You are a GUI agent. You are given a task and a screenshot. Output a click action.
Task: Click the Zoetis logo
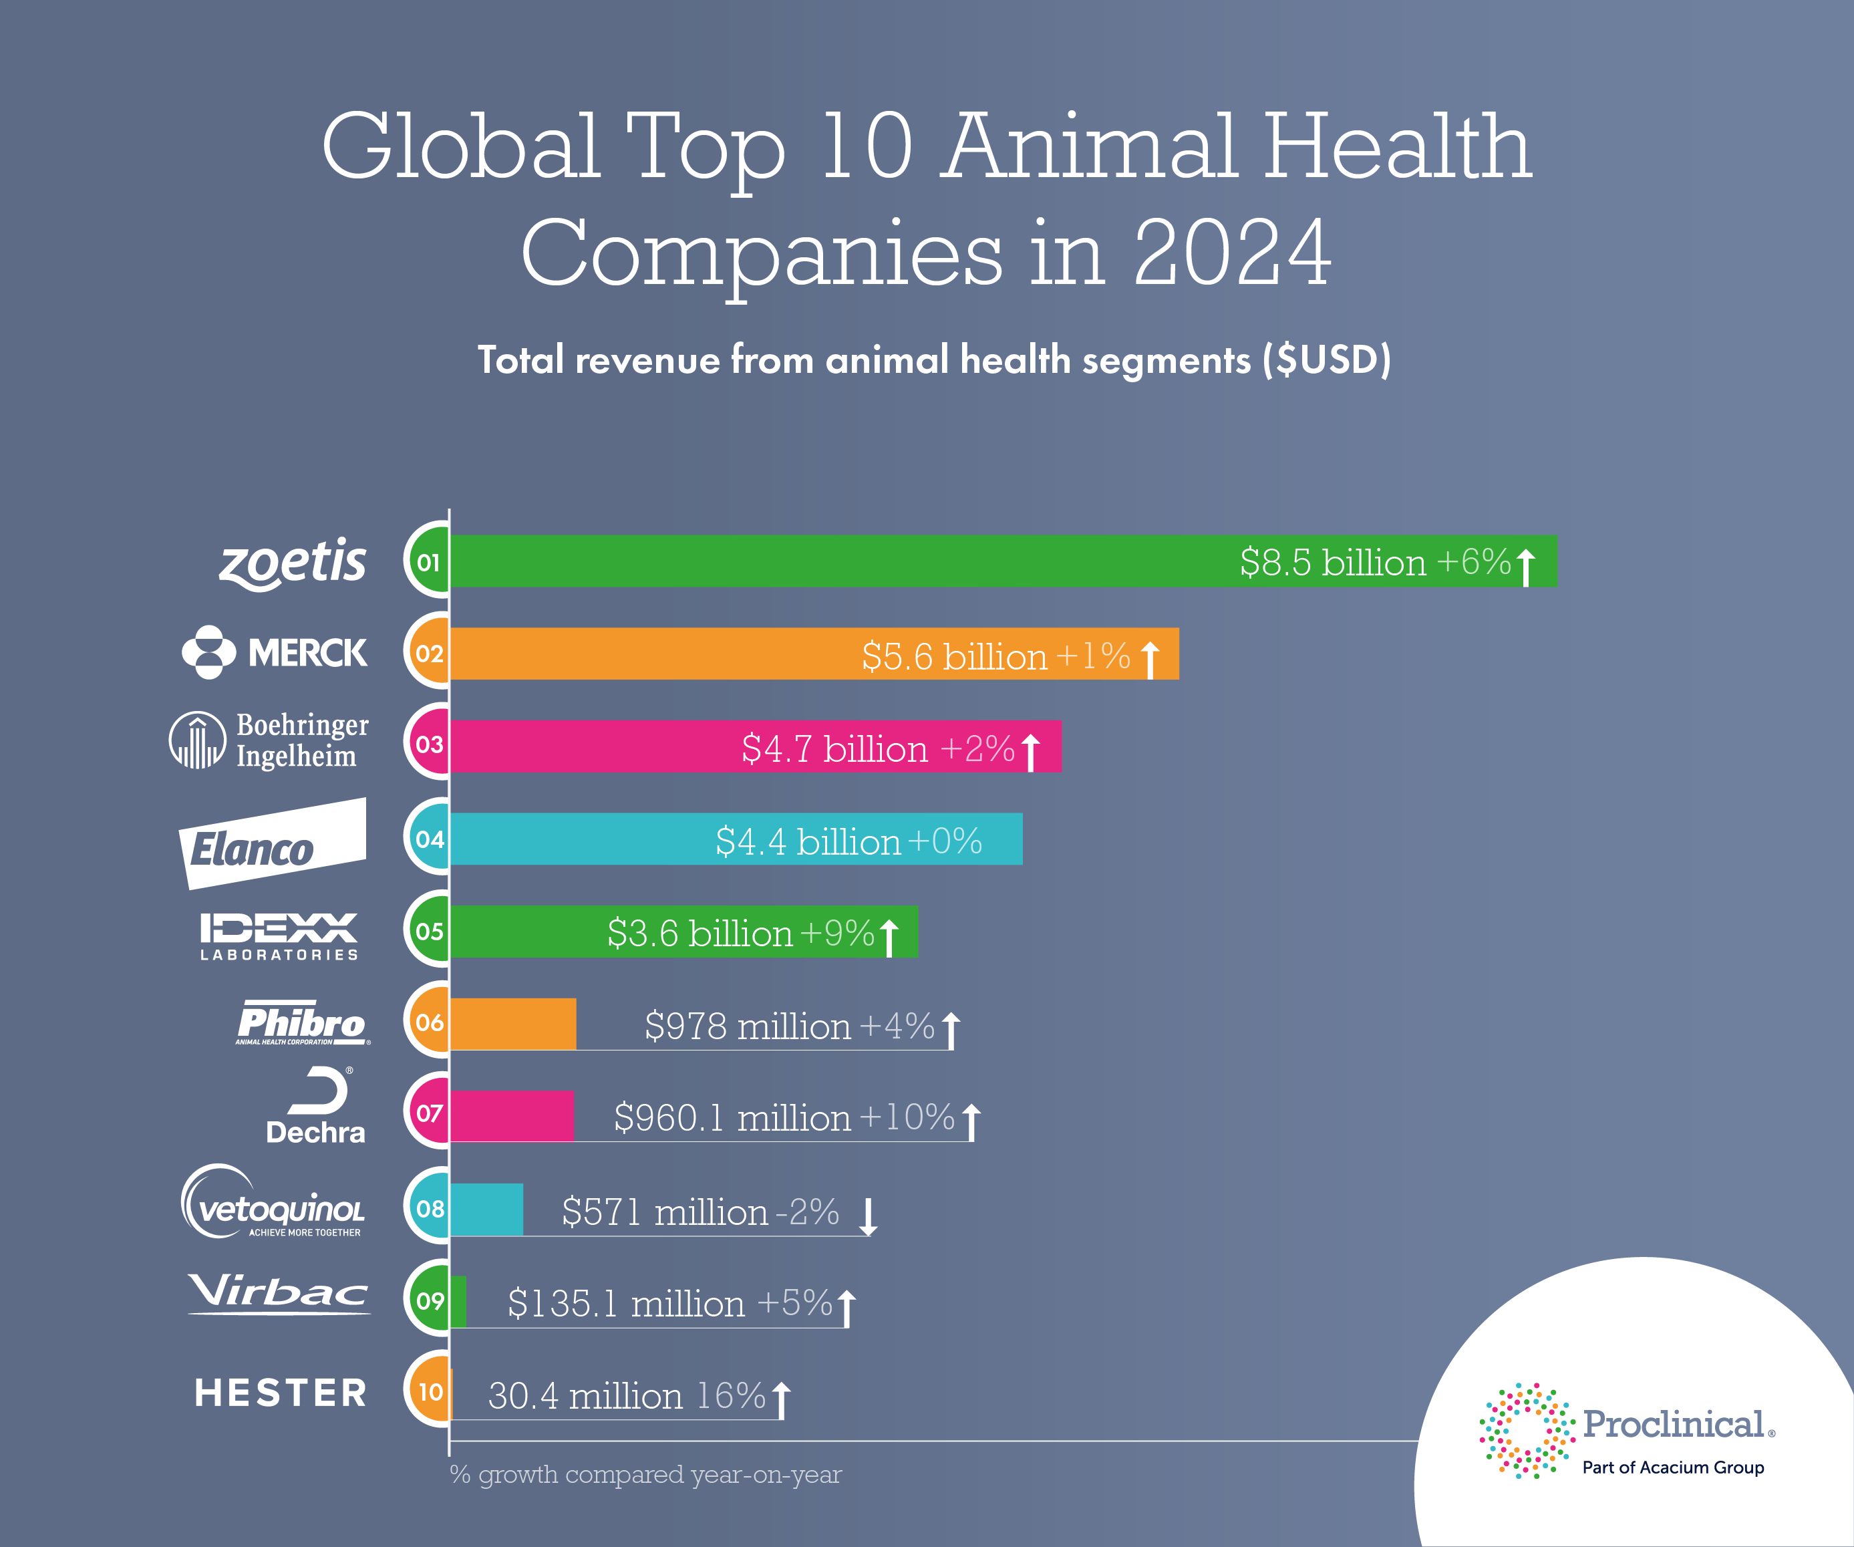292,563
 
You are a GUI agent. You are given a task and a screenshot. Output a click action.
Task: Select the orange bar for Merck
653,654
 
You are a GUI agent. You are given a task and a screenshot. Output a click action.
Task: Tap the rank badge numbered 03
429,744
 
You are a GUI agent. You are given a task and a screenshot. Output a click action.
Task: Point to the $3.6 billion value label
700,934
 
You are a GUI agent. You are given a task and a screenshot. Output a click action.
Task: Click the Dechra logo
316,1107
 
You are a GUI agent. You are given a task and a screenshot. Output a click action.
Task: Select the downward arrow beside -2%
868,1216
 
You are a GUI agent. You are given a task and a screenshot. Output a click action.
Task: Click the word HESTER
281,1393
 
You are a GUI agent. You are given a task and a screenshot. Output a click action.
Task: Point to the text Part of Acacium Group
1672,1467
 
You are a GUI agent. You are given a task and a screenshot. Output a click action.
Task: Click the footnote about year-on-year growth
645,1475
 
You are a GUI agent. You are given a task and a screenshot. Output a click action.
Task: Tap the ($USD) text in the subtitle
1326,360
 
